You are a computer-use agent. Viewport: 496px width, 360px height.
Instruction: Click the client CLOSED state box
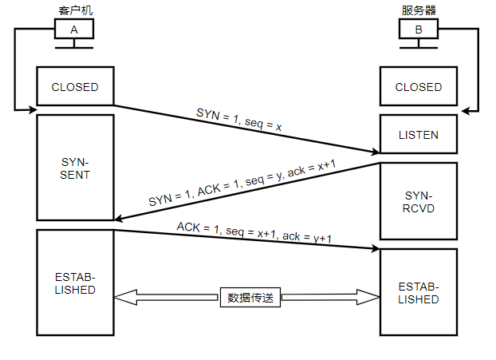click(x=75, y=87)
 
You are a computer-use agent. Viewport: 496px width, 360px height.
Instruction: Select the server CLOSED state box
click(x=419, y=87)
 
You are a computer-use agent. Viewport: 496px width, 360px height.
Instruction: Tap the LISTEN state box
click(x=419, y=135)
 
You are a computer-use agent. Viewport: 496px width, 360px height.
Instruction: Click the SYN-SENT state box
click(x=75, y=167)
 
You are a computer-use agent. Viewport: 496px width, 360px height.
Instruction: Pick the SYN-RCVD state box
click(x=419, y=202)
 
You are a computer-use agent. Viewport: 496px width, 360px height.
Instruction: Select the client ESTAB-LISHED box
click(x=75, y=283)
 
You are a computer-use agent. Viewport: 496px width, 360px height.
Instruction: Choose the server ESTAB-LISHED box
click(x=419, y=292)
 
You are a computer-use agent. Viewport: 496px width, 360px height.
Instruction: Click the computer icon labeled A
click(x=74, y=30)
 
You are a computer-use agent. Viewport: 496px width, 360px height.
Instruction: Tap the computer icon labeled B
click(x=418, y=30)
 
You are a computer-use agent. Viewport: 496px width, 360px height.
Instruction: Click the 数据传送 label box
click(x=250, y=298)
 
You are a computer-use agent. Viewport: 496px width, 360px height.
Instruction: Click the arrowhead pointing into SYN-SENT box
click(x=120, y=218)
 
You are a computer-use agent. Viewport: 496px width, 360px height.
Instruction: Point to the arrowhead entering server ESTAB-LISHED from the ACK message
click(x=373, y=248)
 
